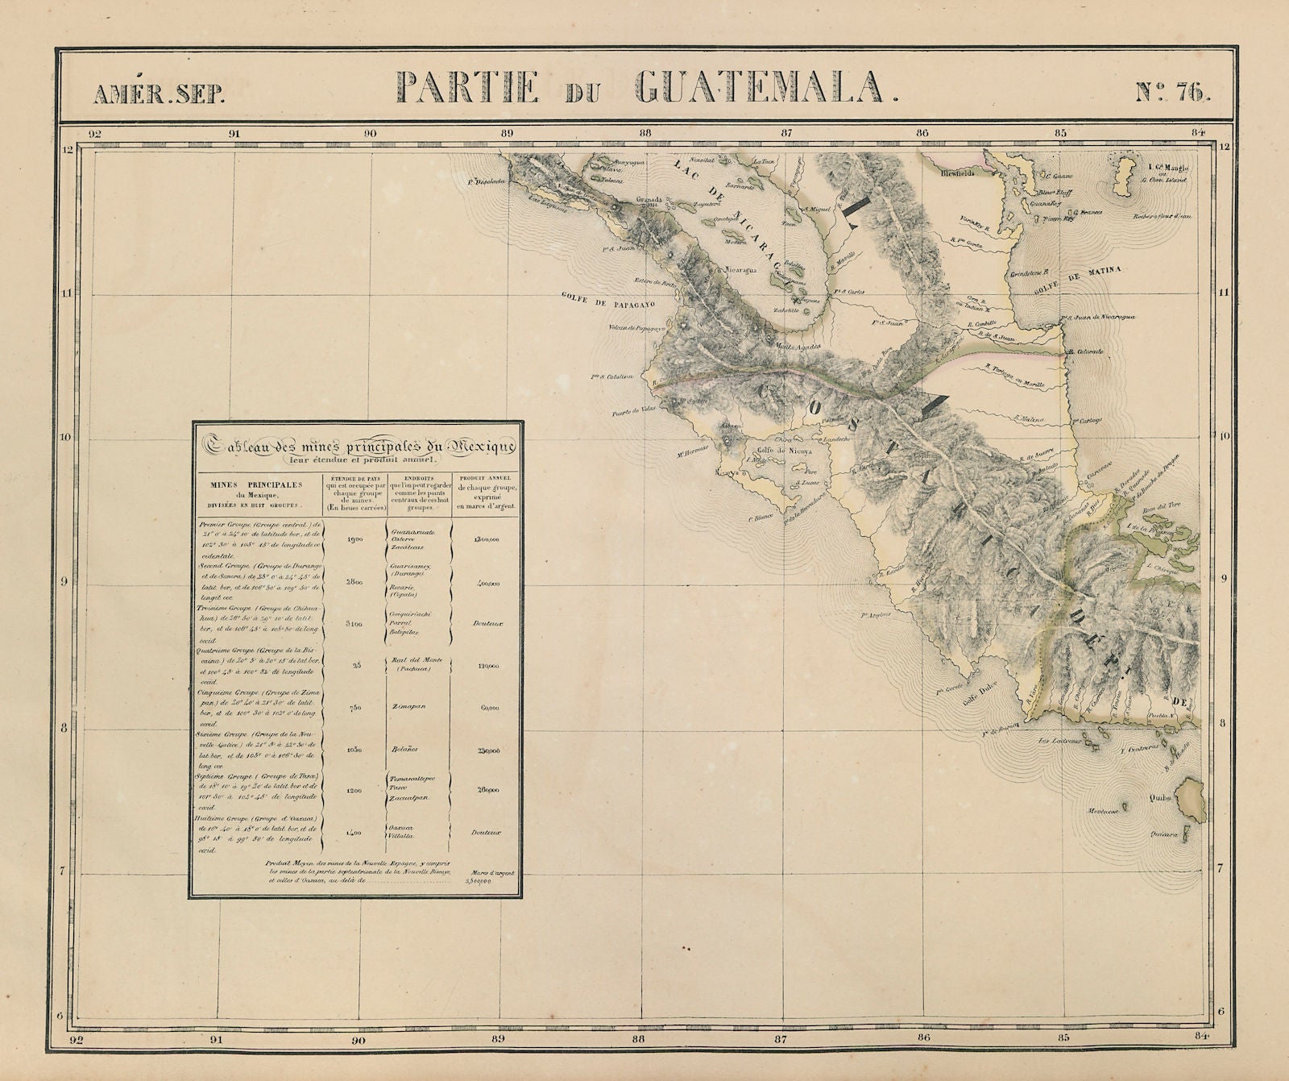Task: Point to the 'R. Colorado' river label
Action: (x=1084, y=352)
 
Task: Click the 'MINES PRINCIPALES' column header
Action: (x=255, y=485)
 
